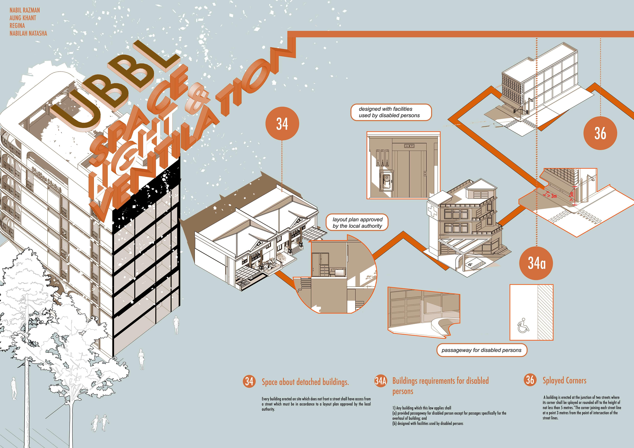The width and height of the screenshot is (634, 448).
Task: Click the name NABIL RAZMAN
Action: [25, 10]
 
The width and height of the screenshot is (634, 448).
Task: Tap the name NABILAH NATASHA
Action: [28, 33]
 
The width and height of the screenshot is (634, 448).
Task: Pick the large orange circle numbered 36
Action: [600, 133]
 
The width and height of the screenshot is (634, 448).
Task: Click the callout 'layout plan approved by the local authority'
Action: [357, 223]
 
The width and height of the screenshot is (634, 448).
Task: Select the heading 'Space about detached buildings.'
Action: [305, 382]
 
